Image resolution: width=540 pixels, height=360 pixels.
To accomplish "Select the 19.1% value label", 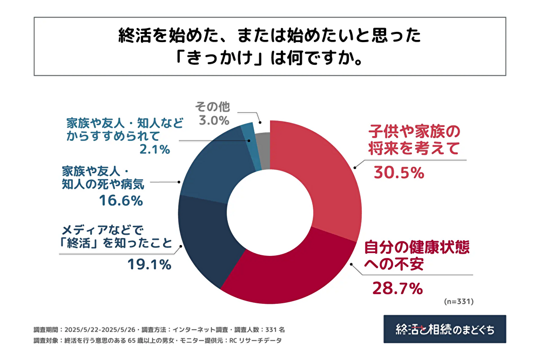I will [x=149, y=264].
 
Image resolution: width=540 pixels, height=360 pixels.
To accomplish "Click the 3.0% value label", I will [x=214, y=120].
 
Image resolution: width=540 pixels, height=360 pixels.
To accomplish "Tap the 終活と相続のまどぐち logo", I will [x=444, y=329].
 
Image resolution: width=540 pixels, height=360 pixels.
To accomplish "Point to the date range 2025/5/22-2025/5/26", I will [x=102, y=329].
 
